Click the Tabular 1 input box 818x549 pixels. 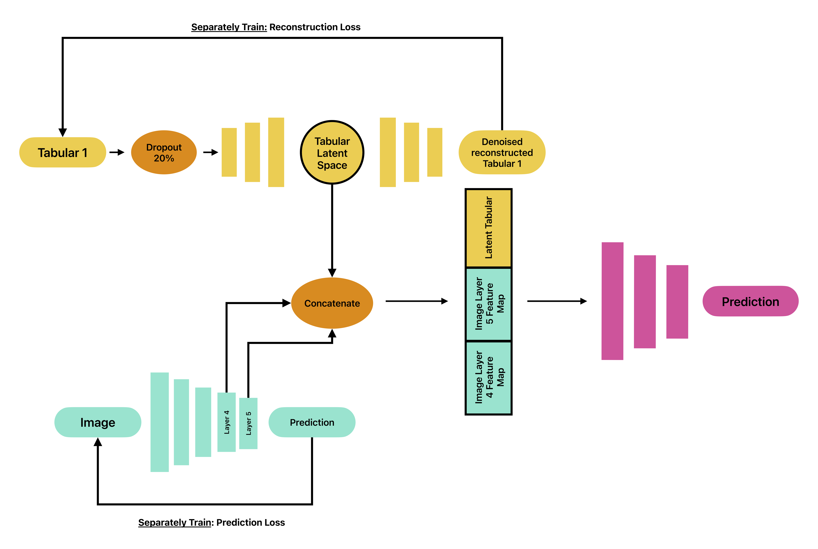63,152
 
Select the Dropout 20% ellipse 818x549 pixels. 164,152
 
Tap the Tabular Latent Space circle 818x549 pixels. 332,152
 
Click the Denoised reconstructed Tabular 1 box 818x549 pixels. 502,152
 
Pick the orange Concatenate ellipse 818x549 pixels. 332,303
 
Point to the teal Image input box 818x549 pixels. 98,422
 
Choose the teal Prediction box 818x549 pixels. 312,422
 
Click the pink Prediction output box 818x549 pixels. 751,301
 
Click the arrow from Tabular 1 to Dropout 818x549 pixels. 117,152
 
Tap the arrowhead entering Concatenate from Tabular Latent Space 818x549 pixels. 332,273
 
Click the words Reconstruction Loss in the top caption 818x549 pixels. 315,27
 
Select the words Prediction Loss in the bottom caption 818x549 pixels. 250,522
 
